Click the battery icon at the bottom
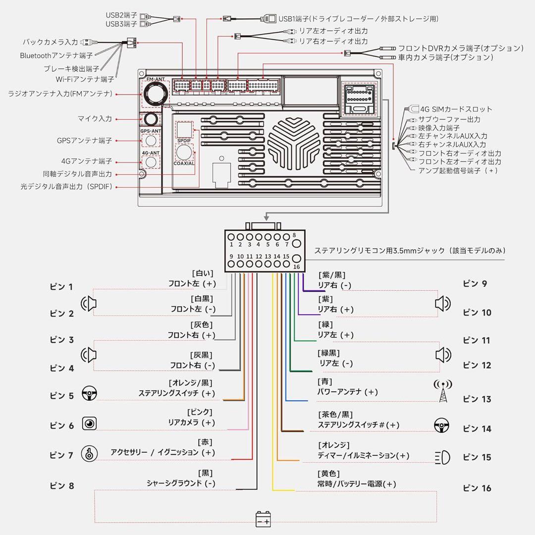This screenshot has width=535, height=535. (263, 520)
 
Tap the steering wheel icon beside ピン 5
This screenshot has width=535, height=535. (89, 394)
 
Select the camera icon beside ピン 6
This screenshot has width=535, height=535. (89, 424)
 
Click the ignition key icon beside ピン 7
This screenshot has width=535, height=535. (89, 454)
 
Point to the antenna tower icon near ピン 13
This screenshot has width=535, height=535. (443, 391)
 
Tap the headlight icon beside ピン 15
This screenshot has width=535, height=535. (442, 457)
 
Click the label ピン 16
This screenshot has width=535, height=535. (477, 488)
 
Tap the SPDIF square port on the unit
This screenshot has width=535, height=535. (184, 130)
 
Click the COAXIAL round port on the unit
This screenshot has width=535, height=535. (184, 151)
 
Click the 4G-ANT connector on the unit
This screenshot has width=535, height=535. (151, 161)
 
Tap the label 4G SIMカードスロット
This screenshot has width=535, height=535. (456, 109)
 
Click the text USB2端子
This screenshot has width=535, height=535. (121, 15)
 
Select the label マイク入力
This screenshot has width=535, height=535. (95, 119)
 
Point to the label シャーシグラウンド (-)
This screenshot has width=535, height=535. (181, 483)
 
